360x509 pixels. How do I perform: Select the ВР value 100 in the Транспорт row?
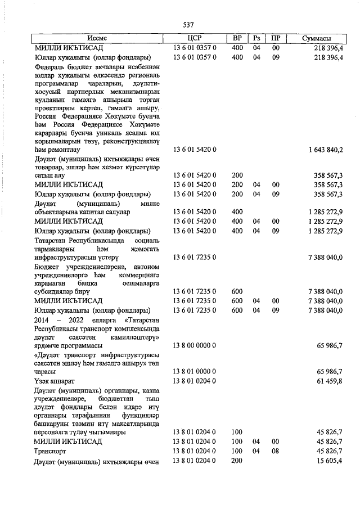pos(237,452)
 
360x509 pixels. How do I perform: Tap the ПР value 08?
pos(276,452)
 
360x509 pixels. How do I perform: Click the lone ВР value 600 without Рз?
pos(237,291)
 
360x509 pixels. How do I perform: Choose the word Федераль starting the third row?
pos(51,66)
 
